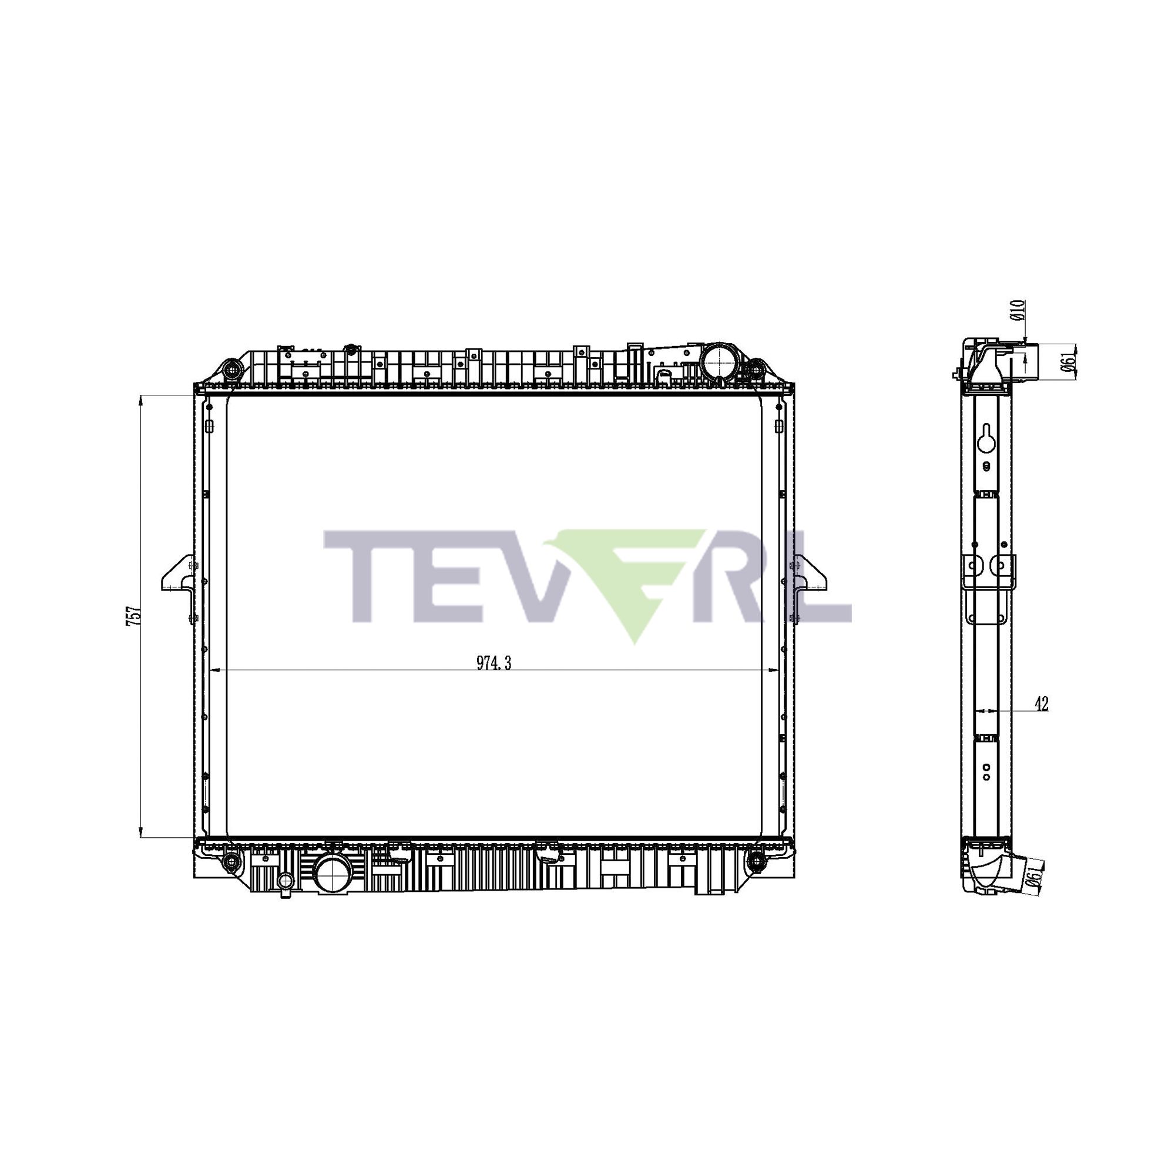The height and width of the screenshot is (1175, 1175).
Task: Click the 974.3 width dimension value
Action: pyautogui.click(x=493, y=663)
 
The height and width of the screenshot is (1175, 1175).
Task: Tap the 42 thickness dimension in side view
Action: pyautogui.click(x=1041, y=705)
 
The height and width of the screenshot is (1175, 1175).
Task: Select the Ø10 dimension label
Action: pyautogui.click(x=1019, y=310)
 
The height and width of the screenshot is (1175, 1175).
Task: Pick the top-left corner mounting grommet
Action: pyautogui.click(x=231, y=369)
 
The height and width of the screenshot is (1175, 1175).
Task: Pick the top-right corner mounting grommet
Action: pyautogui.click(x=754, y=369)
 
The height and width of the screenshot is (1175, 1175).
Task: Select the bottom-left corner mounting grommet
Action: pyautogui.click(x=231, y=860)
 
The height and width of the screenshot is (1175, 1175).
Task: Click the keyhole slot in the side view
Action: pyautogui.click(x=986, y=437)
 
